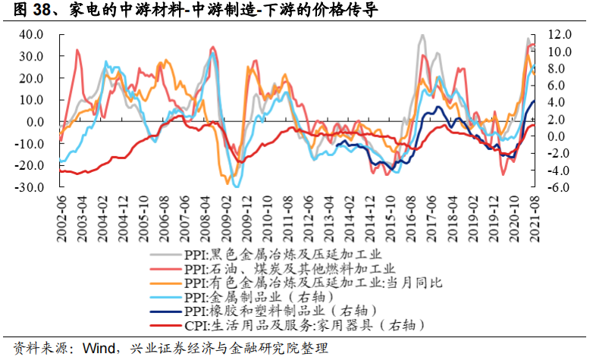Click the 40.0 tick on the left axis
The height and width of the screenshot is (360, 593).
point(33,35)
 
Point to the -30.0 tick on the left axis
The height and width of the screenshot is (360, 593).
point(31,187)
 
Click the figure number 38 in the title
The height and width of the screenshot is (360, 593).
point(36,10)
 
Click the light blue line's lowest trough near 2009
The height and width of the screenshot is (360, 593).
point(237,186)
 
